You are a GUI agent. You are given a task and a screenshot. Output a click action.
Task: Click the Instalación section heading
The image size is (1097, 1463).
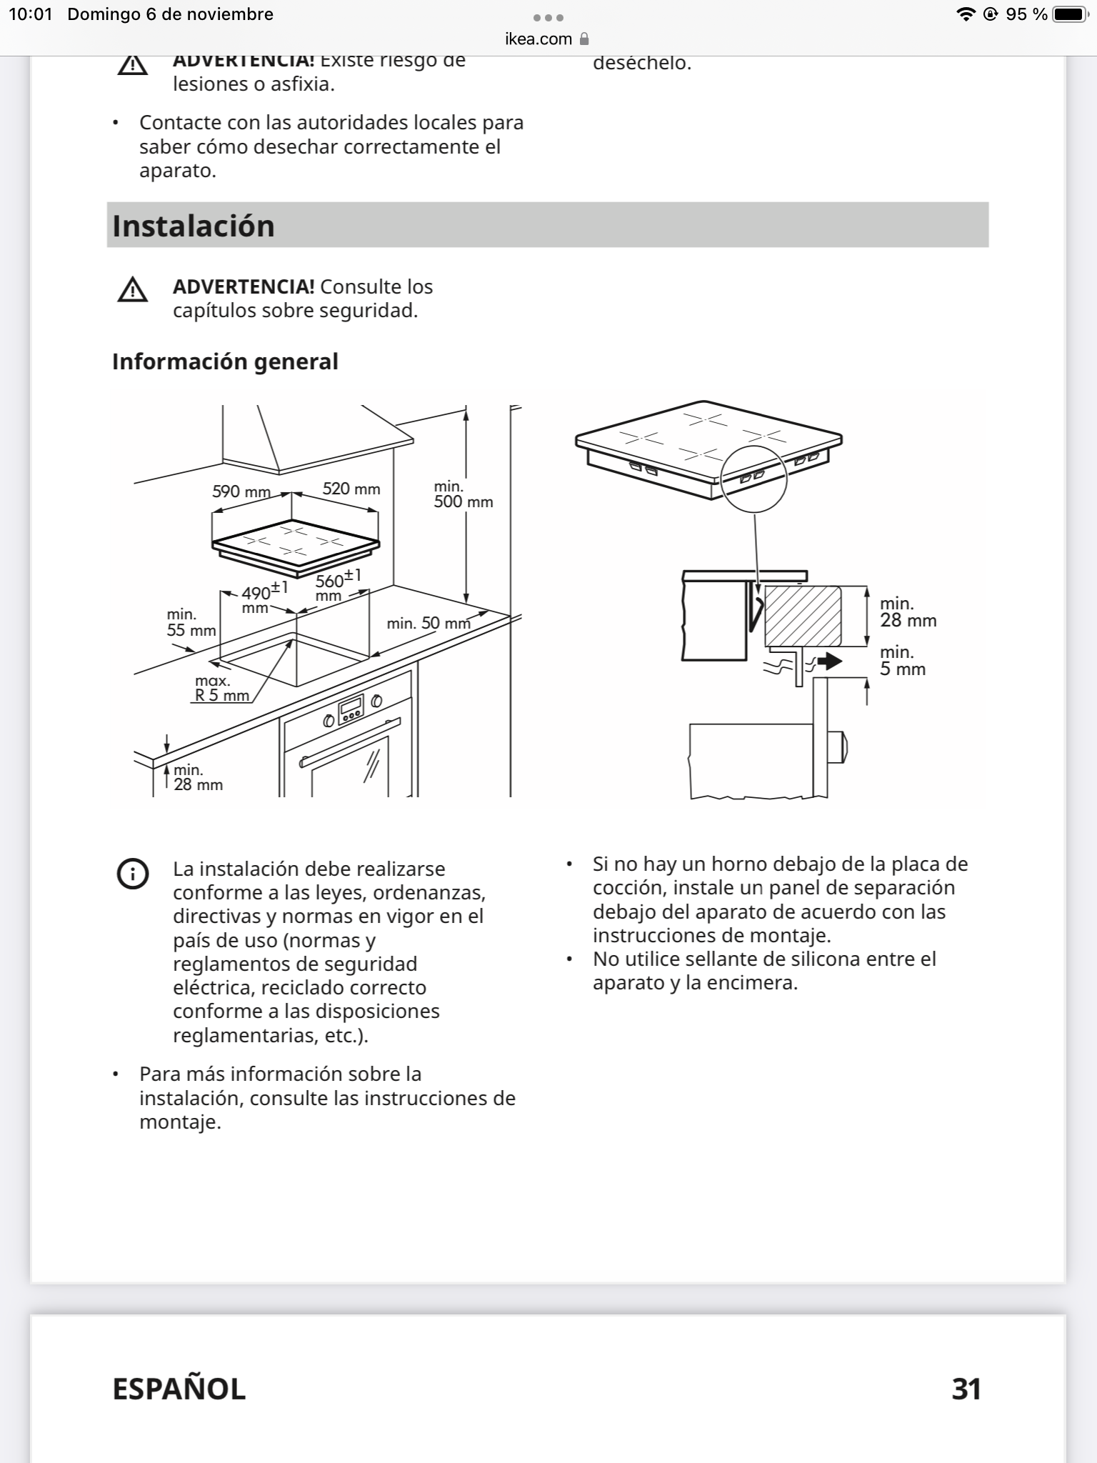(x=194, y=226)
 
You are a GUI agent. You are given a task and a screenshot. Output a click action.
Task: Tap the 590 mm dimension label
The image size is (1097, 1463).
(x=241, y=491)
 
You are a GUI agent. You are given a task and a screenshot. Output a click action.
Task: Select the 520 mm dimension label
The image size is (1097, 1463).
(x=351, y=489)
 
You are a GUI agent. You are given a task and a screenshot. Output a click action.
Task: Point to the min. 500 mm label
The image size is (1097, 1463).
(x=463, y=494)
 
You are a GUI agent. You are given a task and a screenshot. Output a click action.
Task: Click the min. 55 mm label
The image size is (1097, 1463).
(x=191, y=622)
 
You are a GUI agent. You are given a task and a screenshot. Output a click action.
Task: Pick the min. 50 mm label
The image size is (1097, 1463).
(x=429, y=623)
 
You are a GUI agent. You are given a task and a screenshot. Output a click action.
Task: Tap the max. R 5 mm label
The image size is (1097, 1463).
(x=221, y=688)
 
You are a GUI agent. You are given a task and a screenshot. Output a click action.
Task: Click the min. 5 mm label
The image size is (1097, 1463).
(x=902, y=661)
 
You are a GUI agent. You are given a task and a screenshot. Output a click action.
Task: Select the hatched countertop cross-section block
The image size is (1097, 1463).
(x=802, y=616)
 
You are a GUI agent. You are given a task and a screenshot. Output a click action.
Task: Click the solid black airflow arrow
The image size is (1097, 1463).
(x=829, y=661)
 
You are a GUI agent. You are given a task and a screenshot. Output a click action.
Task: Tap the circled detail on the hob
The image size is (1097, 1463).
(x=753, y=478)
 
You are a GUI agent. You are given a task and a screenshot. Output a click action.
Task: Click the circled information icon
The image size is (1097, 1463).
(x=133, y=874)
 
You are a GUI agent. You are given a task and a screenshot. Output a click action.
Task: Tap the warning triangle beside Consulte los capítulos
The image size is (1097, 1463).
(x=133, y=290)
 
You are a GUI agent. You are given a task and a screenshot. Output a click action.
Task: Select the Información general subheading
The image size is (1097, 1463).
(x=225, y=361)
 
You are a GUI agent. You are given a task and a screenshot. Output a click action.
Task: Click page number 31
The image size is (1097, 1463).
(x=966, y=1389)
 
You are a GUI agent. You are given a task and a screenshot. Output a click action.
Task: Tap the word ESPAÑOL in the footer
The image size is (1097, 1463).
(x=179, y=1389)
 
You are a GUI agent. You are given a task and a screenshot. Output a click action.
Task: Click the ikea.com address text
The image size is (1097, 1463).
(x=539, y=39)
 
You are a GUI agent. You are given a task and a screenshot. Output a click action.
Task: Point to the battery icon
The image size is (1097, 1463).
(x=1070, y=14)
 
